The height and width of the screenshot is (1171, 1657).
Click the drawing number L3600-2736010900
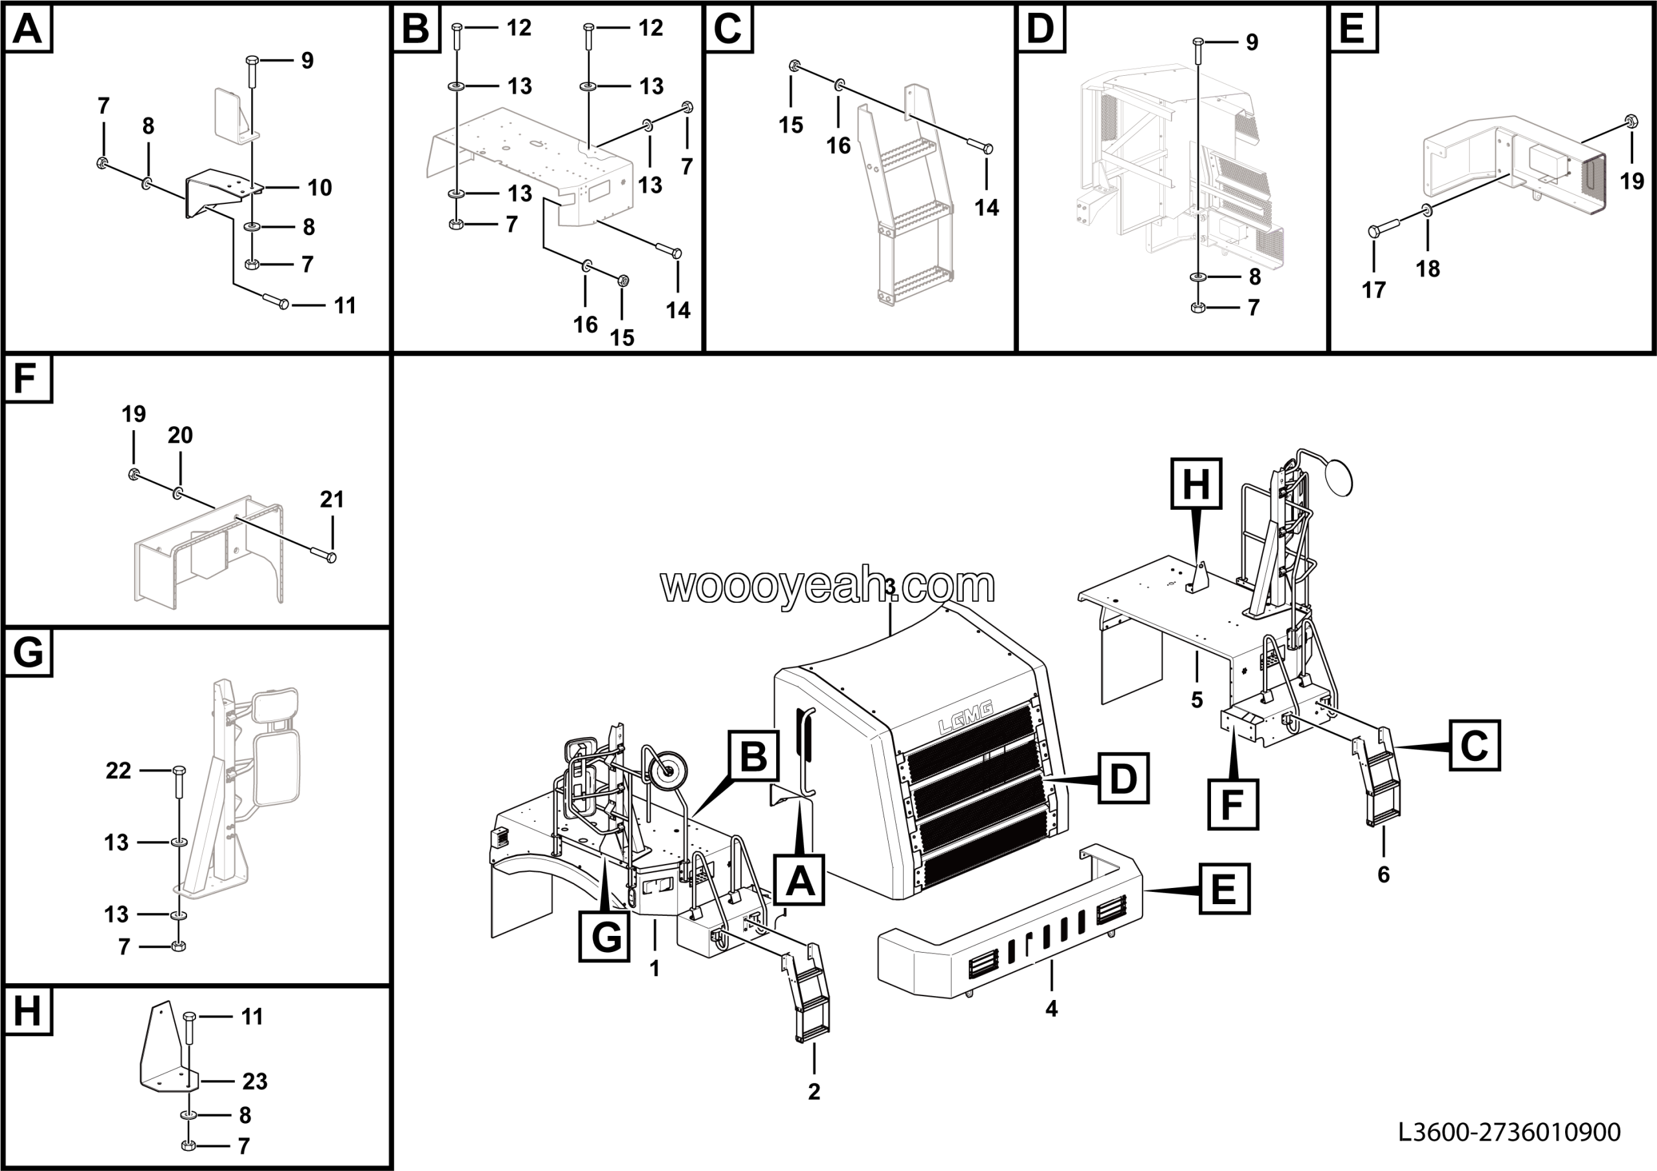[1509, 1131]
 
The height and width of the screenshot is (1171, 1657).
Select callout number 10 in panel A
[320, 188]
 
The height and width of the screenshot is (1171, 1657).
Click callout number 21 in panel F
[331, 499]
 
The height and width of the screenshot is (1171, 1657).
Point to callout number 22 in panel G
[118, 771]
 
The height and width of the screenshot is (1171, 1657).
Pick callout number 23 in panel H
[255, 1082]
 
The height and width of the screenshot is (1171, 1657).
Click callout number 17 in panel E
[1373, 290]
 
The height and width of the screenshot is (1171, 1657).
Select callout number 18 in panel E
[1427, 269]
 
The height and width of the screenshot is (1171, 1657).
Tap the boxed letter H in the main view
[1196, 483]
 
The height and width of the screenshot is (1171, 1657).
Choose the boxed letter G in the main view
[605, 937]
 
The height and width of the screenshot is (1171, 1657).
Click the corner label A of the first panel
[27, 30]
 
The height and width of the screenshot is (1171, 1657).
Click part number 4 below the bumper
[1052, 1008]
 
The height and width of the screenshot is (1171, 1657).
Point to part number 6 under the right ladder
[1383, 874]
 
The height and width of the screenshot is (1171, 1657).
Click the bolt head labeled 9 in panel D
[1198, 43]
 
